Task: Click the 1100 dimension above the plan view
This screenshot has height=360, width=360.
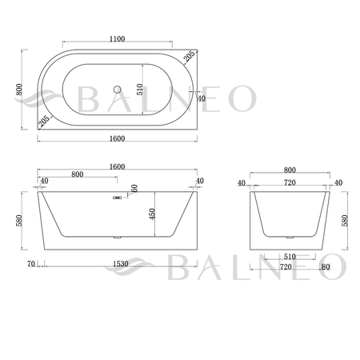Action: [x=118, y=38]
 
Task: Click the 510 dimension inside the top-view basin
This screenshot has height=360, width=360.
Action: [x=142, y=90]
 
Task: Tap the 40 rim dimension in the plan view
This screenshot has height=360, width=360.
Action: [x=202, y=98]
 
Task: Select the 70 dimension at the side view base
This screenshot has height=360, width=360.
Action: [x=31, y=263]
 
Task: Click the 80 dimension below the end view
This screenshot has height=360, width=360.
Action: [x=325, y=267]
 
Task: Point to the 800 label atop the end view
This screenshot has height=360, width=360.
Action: [x=290, y=170]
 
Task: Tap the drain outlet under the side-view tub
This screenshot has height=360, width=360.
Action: [x=118, y=238]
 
